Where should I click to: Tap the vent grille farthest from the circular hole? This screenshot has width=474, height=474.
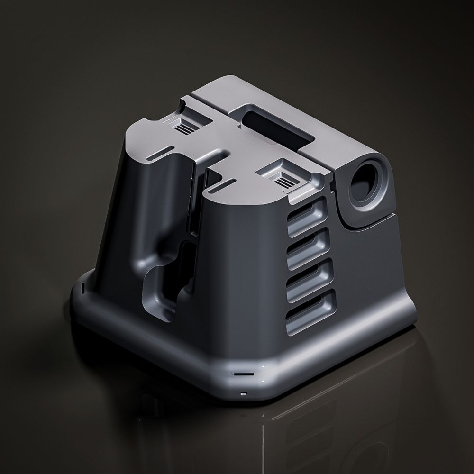183,127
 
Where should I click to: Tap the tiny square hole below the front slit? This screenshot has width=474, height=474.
244,393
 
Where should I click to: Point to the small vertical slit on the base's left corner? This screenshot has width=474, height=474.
83,287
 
